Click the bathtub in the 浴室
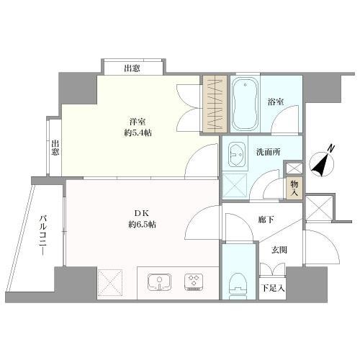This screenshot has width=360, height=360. (246, 104)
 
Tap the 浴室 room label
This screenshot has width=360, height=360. (276, 102)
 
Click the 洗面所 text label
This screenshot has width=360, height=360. (268, 152)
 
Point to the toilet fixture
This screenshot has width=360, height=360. (239, 286)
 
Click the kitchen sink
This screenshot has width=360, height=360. (159, 282)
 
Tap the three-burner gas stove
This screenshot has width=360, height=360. (194, 282)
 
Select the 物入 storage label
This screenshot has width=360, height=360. (294, 189)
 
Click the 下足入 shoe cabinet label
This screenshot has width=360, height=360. (273, 288)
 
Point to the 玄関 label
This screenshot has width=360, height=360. (279, 251)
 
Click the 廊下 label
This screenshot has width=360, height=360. (266, 220)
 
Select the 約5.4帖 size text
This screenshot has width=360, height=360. (138, 132)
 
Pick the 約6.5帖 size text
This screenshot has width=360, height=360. (142, 225)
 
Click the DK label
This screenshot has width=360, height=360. (142, 213)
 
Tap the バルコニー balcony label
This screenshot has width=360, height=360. (43, 235)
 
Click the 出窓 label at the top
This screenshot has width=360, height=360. (132, 68)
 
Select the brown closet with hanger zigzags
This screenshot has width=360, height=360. (215, 104)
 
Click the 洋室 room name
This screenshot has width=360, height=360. (138, 122)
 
